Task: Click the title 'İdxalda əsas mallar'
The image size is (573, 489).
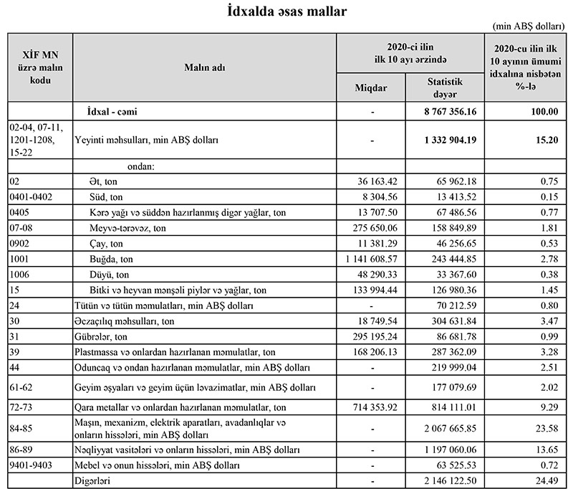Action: coord(286,11)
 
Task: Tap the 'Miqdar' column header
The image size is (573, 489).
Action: coord(371,87)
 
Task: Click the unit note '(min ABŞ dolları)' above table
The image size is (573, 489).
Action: coord(529,25)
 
